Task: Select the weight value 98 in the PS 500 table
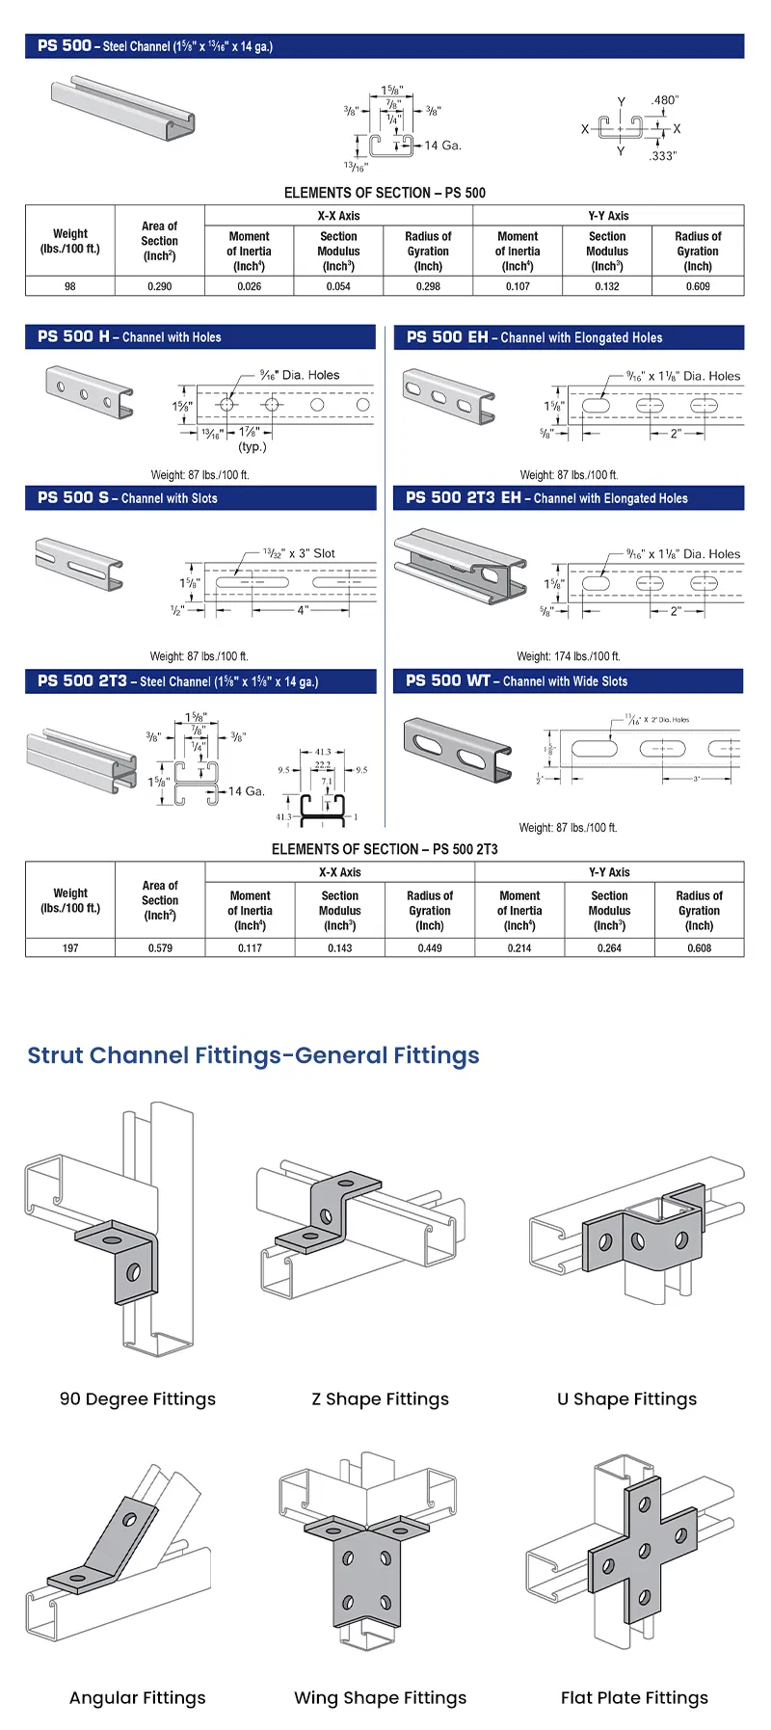click(70, 286)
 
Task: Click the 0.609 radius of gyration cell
click(698, 286)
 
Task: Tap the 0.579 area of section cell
click(160, 948)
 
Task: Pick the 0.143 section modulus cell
click(339, 948)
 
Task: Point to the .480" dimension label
click(664, 100)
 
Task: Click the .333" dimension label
click(663, 155)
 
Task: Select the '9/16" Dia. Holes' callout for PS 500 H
click(300, 375)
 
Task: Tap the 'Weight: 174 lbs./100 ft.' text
click(569, 656)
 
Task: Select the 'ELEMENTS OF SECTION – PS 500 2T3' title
click(385, 849)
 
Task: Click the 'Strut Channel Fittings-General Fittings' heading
click(253, 1055)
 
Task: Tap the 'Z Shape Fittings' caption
click(380, 1398)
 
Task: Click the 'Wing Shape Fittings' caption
click(380, 1697)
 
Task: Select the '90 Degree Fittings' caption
click(138, 1398)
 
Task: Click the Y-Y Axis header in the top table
click(608, 216)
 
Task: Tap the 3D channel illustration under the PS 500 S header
click(79, 564)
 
